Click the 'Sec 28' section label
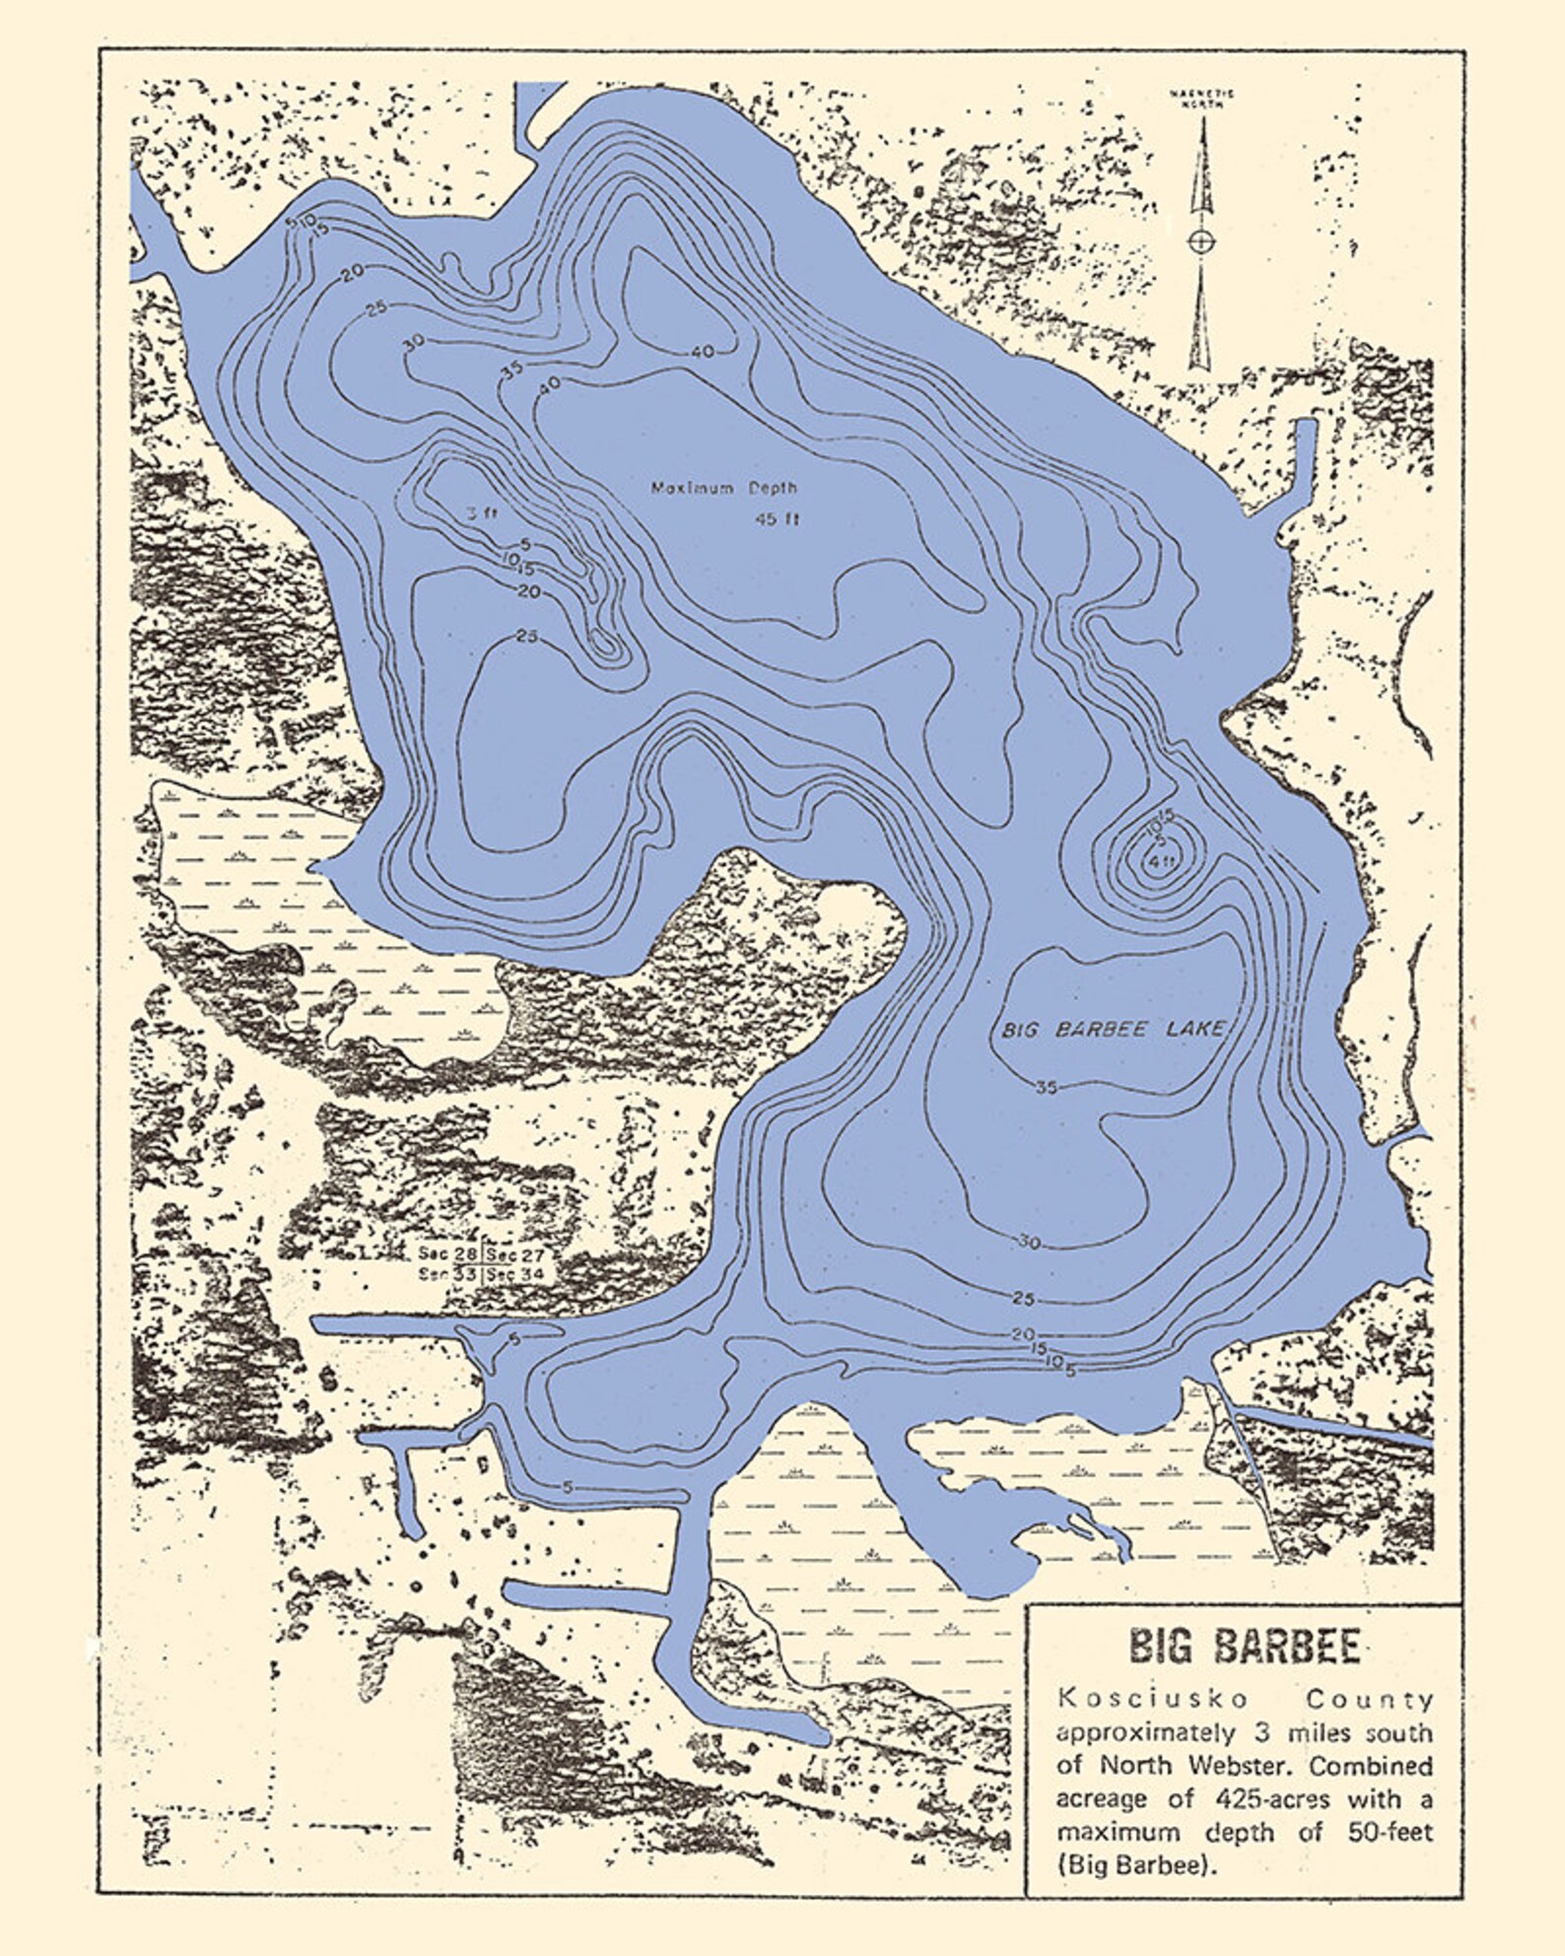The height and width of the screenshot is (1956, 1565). pos(448,1254)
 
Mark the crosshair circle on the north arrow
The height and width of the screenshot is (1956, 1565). pos(1199,239)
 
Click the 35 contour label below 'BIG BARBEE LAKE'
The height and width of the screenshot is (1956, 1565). pos(1047,1088)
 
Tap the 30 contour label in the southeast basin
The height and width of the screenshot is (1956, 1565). pos(1028,1244)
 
